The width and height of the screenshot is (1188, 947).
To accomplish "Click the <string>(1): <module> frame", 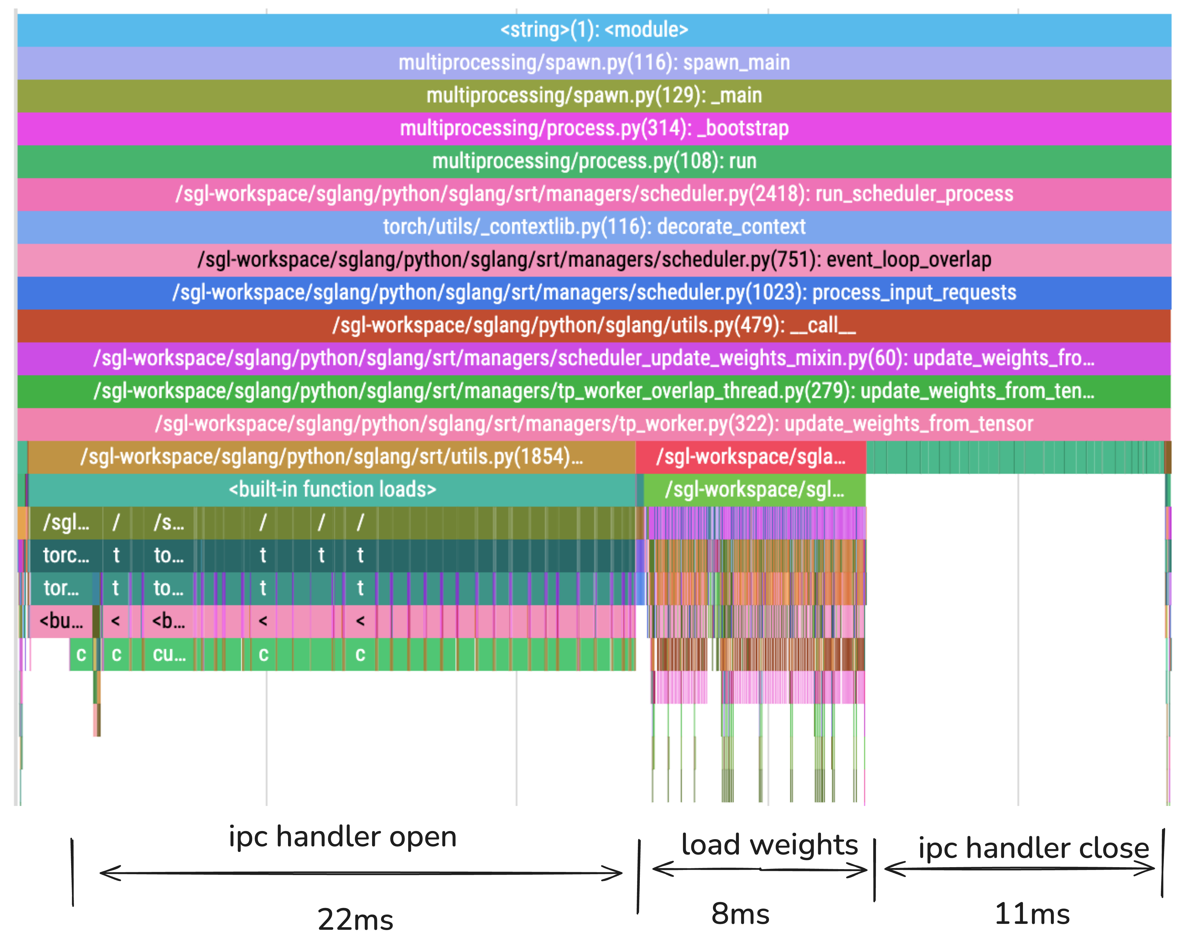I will coord(594,30).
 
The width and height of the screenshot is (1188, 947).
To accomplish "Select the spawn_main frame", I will coord(594,63).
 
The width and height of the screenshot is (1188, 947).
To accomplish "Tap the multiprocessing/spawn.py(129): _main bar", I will coord(594,95).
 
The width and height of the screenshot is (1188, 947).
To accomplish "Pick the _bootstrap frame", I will coord(594,128).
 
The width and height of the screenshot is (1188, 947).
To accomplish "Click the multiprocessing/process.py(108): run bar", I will coord(594,161).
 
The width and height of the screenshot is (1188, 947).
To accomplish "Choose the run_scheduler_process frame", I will coord(594,194).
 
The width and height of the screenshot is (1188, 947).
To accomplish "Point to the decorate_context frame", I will coord(594,227).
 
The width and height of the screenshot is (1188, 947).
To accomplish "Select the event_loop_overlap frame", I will coord(594,260).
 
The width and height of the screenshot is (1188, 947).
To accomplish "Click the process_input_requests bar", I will coord(594,292).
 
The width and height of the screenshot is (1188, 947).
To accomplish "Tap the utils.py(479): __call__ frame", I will coord(594,325).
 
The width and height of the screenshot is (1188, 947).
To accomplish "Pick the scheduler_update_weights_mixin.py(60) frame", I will coord(594,358).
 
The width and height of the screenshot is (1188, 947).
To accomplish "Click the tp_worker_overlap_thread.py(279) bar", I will coord(594,391).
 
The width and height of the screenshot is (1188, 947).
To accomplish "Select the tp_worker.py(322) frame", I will coord(594,424).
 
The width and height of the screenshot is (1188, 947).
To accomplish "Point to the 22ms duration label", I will coord(355,919).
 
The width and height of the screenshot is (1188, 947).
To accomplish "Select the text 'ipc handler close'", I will coord(1033,848).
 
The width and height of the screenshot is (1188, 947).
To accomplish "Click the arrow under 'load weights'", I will coord(760,869).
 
